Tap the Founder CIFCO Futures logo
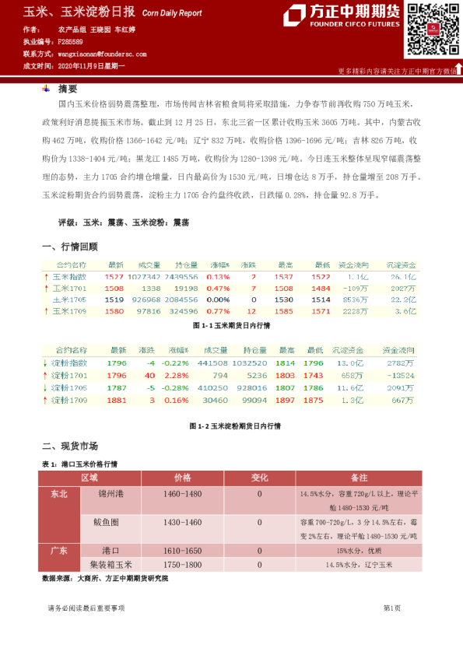coord(342,16)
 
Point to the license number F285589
coord(72,41)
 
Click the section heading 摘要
coord(68,88)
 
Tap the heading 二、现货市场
coord(69,446)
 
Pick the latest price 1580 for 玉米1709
coord(114,311)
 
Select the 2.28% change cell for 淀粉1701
coord(180,376)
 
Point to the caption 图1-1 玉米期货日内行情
coord(230,327)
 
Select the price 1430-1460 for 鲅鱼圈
coord(183,523)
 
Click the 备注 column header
coord(360,477)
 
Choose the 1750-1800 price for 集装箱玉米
coord(183,565)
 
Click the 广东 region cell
coord(59,550)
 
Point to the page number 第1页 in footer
coord(391,608)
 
